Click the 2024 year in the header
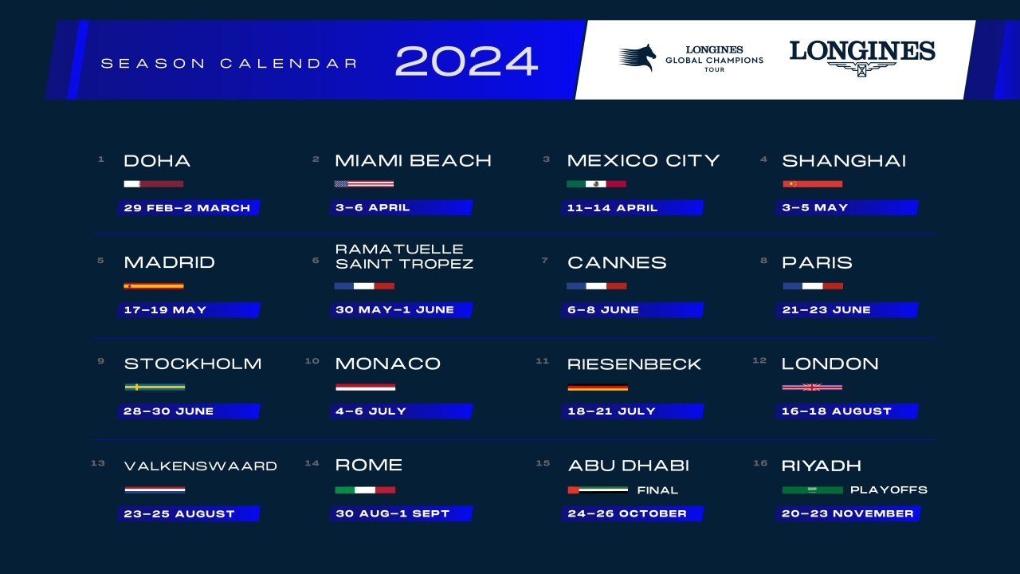tap(466, 61)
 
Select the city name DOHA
tap(157, 161)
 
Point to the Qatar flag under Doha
tap(154, 184)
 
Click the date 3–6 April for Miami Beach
tap(373, 207)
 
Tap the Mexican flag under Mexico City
tap(596, 184)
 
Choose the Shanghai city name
tap(844, 161)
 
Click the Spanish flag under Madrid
tap(154, 285)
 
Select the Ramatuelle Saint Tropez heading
tap(404, 256)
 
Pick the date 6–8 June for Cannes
tap(603, 309)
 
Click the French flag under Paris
tap(813, 285)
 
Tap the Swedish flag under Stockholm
tap(155, 387)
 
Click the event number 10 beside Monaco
tap(312, 361)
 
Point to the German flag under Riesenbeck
tap(598, 387)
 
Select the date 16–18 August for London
tap(837, 411)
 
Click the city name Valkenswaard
tap(201, 466)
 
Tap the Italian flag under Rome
tap(365, 489)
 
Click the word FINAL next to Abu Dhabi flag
tap(657, 490)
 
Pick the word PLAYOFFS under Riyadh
tap(889, 489)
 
